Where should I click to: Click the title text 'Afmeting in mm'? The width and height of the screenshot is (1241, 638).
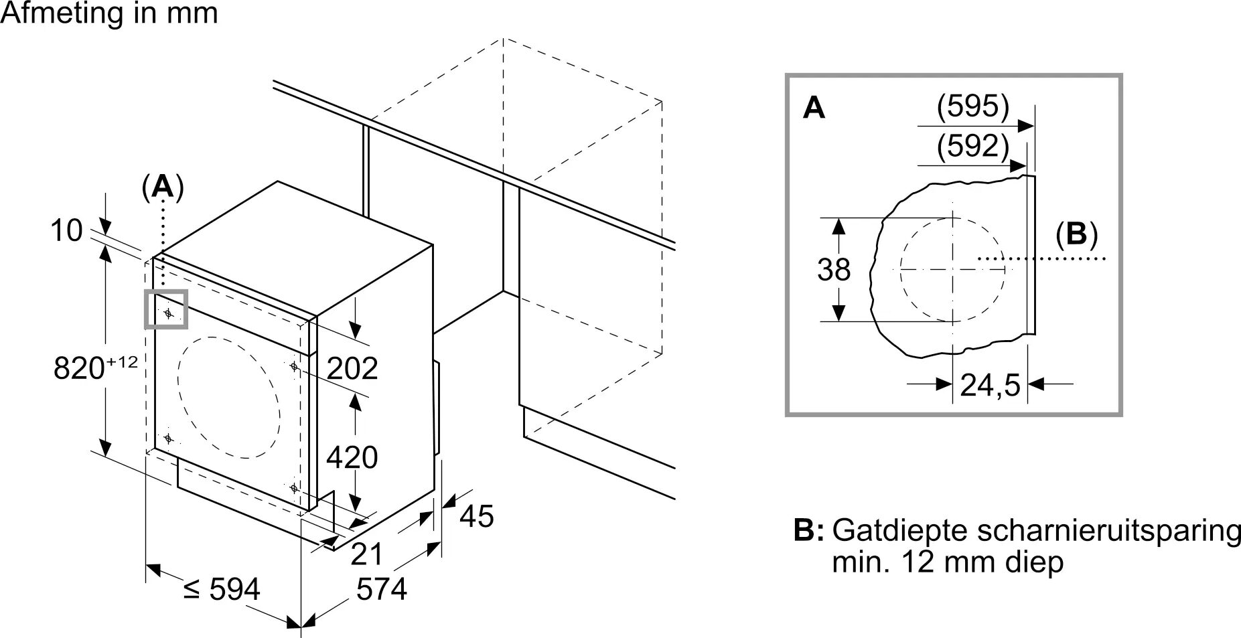pyautogui.click(x=109, y=13)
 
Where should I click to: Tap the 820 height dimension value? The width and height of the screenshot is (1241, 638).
pyautogui.click(x=94, y=368)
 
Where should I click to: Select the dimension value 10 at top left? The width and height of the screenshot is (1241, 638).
pyautogui.click(x=66, y=231)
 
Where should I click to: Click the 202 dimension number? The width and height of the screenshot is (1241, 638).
pyautogui.click(x=352, y=368)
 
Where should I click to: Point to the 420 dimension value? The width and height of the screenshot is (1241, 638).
pyautogui.click(x=352, y=457)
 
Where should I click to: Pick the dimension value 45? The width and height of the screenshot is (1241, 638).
pyautogui.click(x=477, y=516)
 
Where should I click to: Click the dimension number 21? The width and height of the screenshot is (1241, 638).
pyautogui.click(x=368, y=554)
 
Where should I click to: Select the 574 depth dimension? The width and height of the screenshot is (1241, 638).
pyautogui.click(x=382, y=590)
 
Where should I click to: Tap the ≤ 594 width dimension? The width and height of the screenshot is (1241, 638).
pyautogui.click(x=222, y=590)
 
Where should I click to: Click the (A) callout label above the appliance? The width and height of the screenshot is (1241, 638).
pyautogui.click(x=162, y=187)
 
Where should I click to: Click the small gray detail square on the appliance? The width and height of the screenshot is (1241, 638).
pyautogui.click(x=166, y=309)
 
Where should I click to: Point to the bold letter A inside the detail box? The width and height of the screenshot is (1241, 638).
pyautogui.click(x=814, y=108)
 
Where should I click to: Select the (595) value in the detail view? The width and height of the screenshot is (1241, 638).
pyautogui.click(x=972, y=106)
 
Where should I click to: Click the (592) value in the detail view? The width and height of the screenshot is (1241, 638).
pyautogui.click(x=972, y=147)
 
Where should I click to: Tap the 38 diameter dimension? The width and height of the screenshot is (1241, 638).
pyautogui.click(x=834, y=270)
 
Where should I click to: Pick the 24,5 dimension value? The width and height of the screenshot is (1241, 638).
pyautogui.click(x=990, y=385)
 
